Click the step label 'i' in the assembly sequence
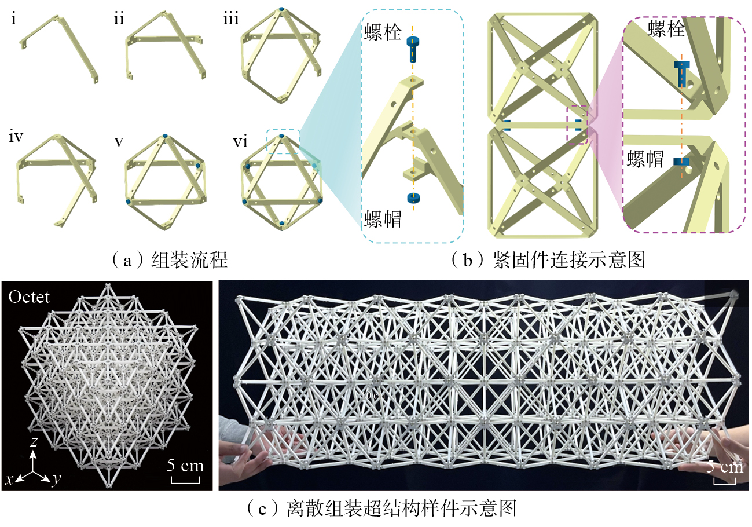[13, 19]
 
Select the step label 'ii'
[119, 19]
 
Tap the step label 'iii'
[231, 19]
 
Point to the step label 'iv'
[16, 137]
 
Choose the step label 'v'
[119, 142]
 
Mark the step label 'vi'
[240, 141]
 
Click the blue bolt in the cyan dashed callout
[413, 49]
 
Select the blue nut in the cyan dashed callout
[413, 198]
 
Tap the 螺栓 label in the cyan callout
[383, 32]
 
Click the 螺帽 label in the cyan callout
[383, 219]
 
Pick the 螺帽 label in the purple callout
[645, 159]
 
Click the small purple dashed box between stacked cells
[577, 125]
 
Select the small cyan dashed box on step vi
[283, 141]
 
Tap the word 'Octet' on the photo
[29, 297]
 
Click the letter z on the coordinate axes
[34, 441]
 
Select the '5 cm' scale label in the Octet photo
[185, 466]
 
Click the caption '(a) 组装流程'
[170, 259]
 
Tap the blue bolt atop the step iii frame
[281, 9]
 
